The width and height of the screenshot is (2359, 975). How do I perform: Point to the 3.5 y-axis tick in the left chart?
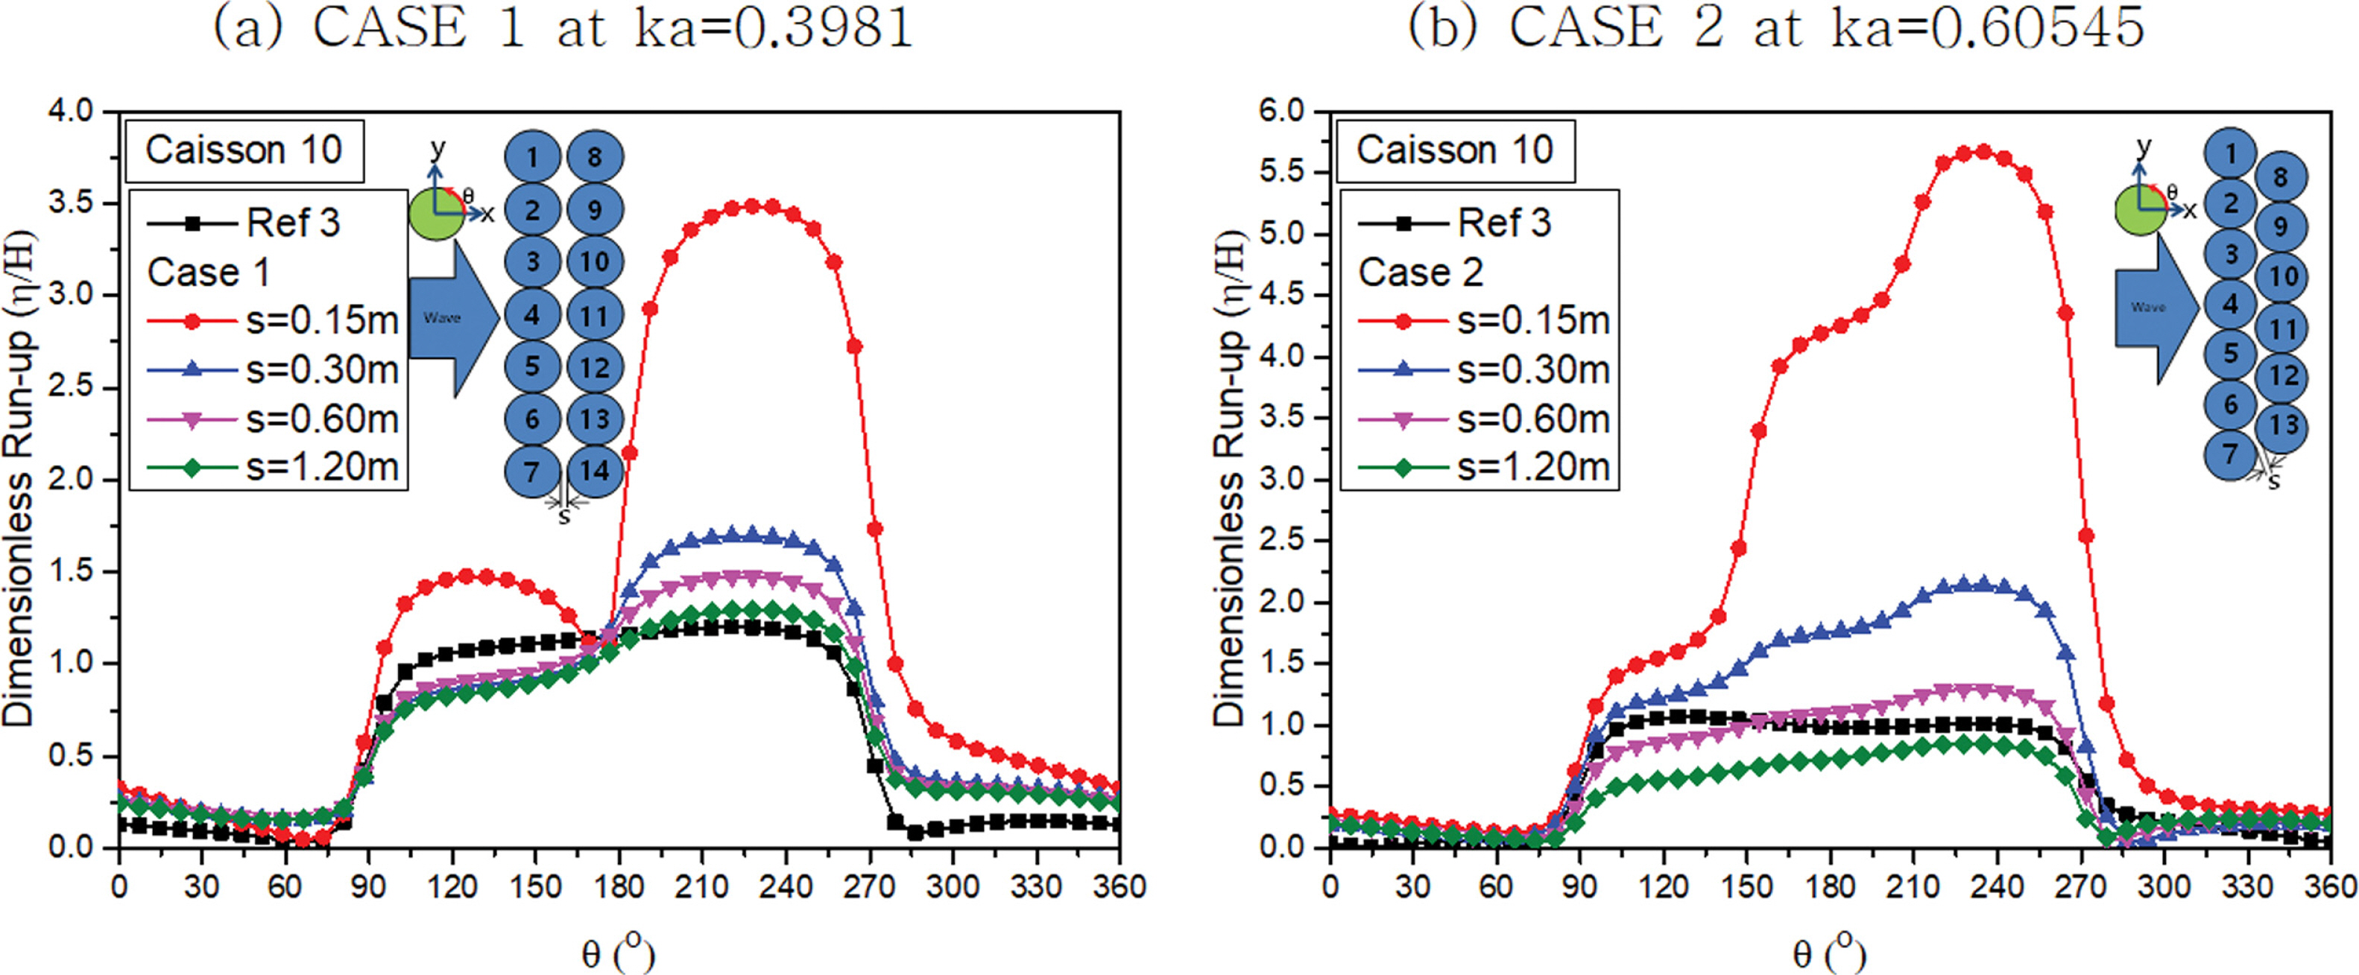(x=72, y=203)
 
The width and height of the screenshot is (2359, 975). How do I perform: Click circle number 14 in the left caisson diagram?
(x=594, y=471)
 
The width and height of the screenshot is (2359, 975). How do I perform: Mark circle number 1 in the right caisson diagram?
(x=2230, y=153)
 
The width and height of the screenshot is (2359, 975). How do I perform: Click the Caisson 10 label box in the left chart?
(x=244, y=150)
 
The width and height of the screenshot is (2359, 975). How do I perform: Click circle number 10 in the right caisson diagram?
(x=2283, y=276)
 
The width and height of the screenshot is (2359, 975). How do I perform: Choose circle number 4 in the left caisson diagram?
(x=532, y=316)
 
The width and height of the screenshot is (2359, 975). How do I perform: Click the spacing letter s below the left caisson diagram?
(x=564, y=517)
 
